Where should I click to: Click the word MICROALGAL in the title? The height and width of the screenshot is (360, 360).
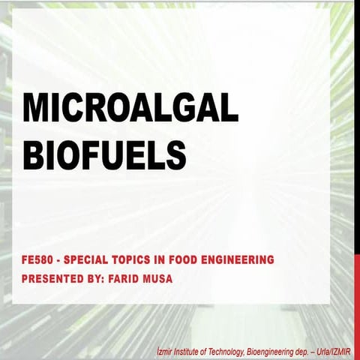pos(130,109)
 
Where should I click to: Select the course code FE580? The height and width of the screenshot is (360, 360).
pos(37,260)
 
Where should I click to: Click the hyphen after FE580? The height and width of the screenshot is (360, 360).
pos(58,260)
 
